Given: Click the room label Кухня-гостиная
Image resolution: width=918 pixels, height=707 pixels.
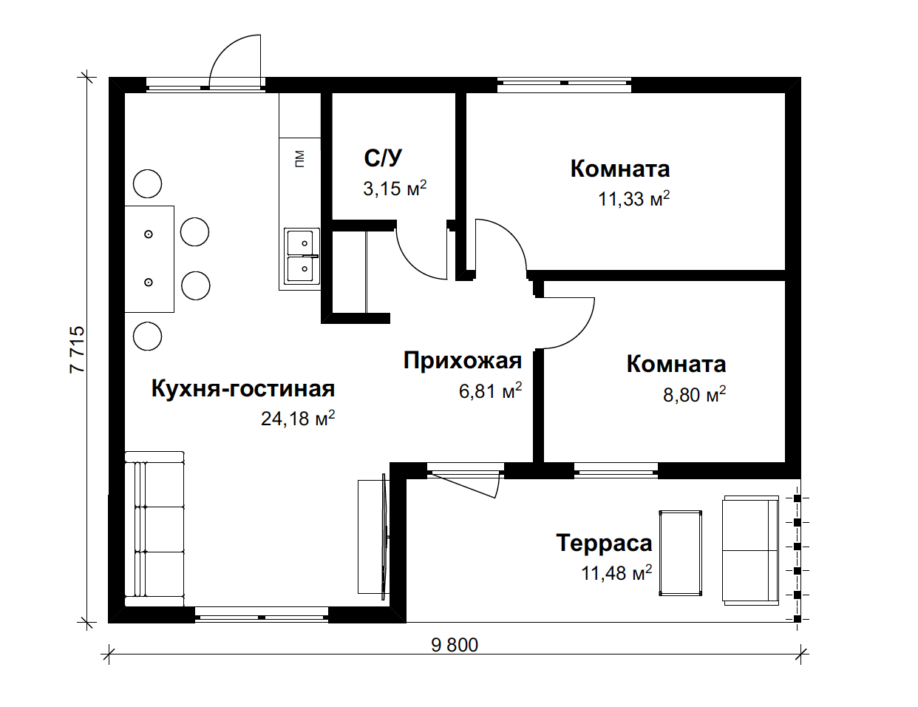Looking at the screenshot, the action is pos(243,389).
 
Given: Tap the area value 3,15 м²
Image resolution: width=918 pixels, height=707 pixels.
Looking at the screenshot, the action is pos(395,188).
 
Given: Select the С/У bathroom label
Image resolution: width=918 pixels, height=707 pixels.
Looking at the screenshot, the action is pos(383,158).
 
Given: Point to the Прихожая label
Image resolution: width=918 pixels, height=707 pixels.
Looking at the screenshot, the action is pos(463,360).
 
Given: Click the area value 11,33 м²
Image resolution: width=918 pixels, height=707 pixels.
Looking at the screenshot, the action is pos(633,198).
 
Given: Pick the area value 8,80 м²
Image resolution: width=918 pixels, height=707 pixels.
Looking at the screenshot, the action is pos(695,394).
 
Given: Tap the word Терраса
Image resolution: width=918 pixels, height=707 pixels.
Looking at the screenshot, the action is pos(604,543).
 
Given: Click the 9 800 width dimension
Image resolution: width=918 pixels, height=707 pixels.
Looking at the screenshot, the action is pos(455,646).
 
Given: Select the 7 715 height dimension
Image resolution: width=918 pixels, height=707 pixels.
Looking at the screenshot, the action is pos(78,349).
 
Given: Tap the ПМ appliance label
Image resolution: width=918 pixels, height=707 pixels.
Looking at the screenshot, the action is pos(299,159).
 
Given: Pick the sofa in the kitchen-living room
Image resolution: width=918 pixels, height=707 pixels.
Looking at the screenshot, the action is pos(154,529).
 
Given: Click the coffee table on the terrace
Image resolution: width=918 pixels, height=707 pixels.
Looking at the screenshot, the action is pos(681,553).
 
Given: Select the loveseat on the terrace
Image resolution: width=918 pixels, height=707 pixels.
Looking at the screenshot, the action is pos(751,550).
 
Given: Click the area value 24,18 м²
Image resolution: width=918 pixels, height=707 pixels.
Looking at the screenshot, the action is pos(299,419).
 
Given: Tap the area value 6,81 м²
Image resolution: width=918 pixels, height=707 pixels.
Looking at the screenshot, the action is pos(491,391).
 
